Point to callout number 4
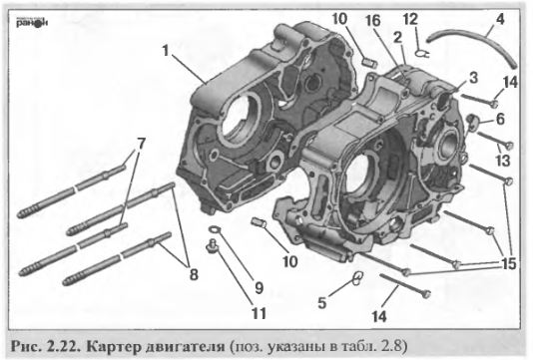point(498,18)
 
